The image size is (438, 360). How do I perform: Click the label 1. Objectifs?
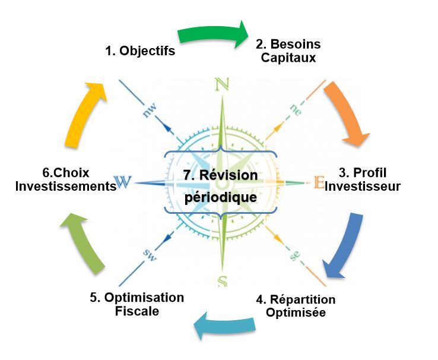[140, 51]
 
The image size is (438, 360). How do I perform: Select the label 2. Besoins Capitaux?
[287, 51]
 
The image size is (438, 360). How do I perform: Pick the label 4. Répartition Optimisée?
[296, 305]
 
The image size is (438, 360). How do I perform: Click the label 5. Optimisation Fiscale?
[137, 304]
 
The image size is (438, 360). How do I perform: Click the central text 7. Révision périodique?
[220, 185]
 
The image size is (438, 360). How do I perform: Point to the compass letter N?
[222, 84]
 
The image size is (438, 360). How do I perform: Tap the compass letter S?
[222, 281]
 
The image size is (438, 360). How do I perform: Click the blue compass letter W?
[123, 182]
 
